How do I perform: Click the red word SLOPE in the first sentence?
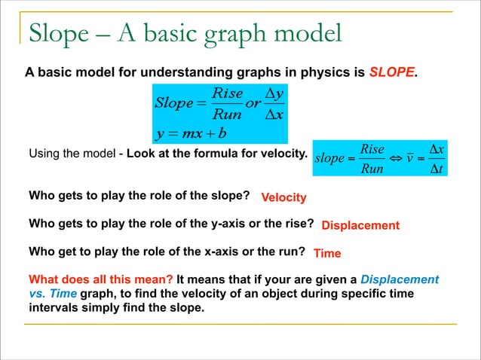click(392, 72)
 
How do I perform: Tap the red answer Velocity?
click(283, 197)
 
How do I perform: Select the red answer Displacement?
click(360, 225)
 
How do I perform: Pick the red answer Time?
click(327, 253)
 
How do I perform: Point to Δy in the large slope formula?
click(273, 94)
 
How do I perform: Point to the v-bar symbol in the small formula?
click(412, 159)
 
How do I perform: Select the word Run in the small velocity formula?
click(372, 169)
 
